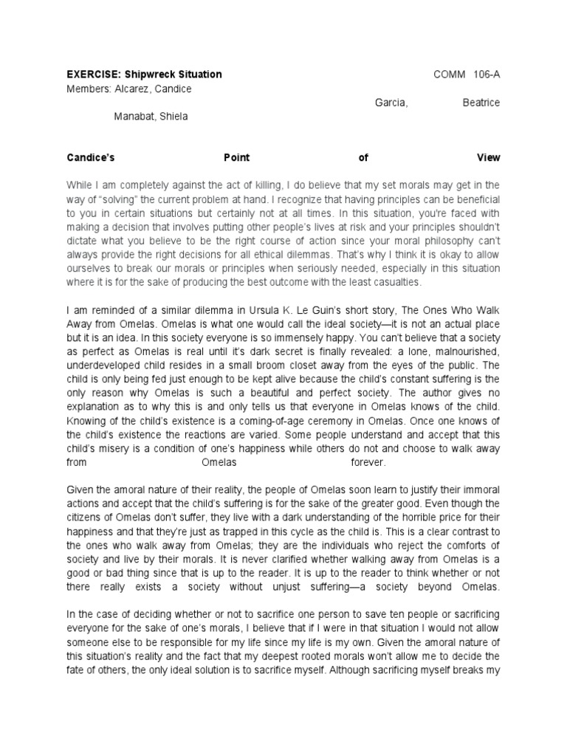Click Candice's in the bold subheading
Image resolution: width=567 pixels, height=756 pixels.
click(x=92, y=157)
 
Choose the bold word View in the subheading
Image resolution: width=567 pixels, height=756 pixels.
click(x=488, y=157)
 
